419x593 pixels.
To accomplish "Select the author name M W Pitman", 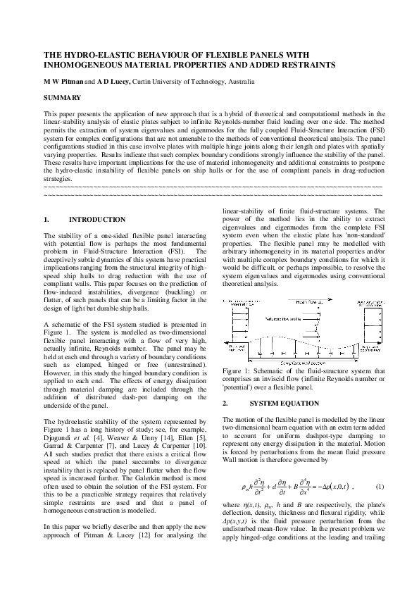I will click(63, 82).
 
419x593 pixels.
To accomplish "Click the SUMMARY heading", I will click(62, 96).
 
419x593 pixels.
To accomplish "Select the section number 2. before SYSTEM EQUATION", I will click(225, 404).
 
